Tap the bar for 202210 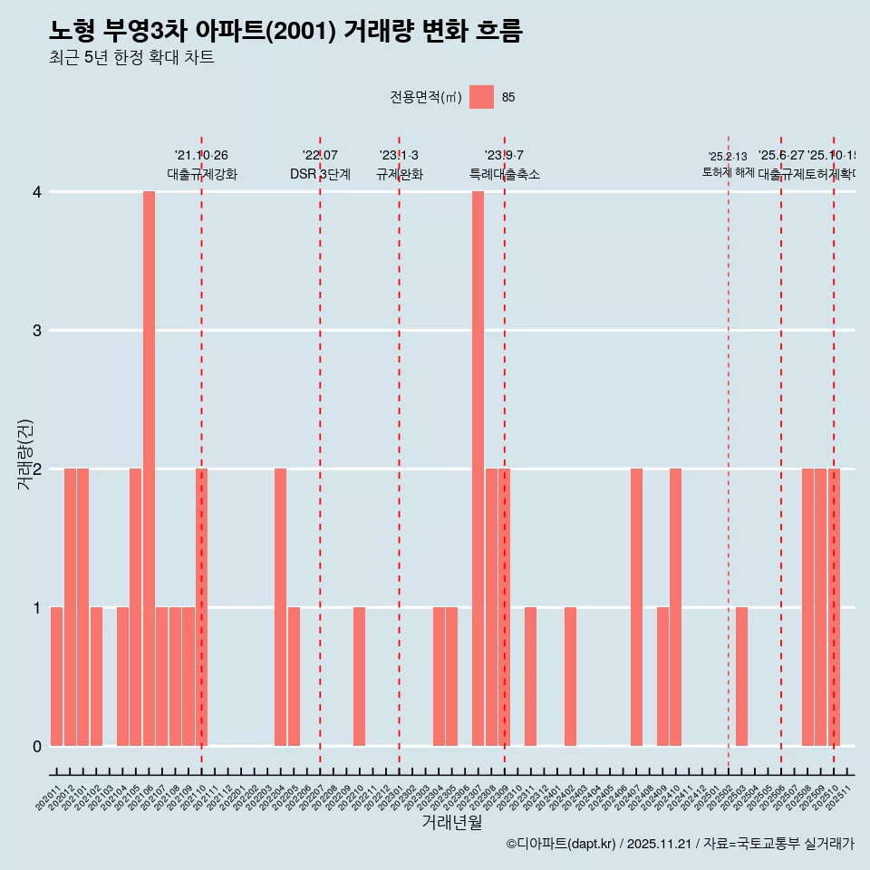(360, 676)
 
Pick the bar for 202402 (570, 676)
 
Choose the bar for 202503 (741, 676)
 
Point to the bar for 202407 (636, 607)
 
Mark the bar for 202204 (280, 607)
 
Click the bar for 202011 (56, 676)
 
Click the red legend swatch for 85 (482, 97)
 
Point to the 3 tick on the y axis (37, 330)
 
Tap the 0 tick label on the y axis (37, 746)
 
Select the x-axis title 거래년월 (451, 822)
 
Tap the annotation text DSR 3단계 (320, 174)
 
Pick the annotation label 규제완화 (399, 174)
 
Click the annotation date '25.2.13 (728, 157)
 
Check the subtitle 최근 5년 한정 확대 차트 (132, 58)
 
